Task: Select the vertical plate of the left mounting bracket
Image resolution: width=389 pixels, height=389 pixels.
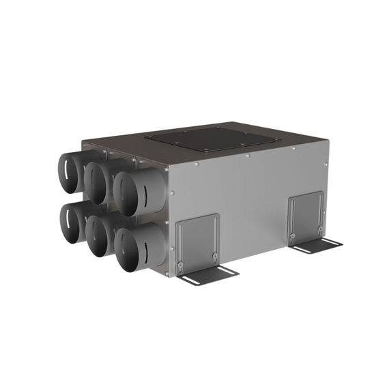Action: coord(198,239)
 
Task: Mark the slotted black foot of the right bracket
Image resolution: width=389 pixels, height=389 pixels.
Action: coord(315,245)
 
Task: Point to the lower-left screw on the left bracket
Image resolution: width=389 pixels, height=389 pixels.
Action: coord(180,264)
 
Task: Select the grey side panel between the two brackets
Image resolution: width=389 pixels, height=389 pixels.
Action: coord(253,205)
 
